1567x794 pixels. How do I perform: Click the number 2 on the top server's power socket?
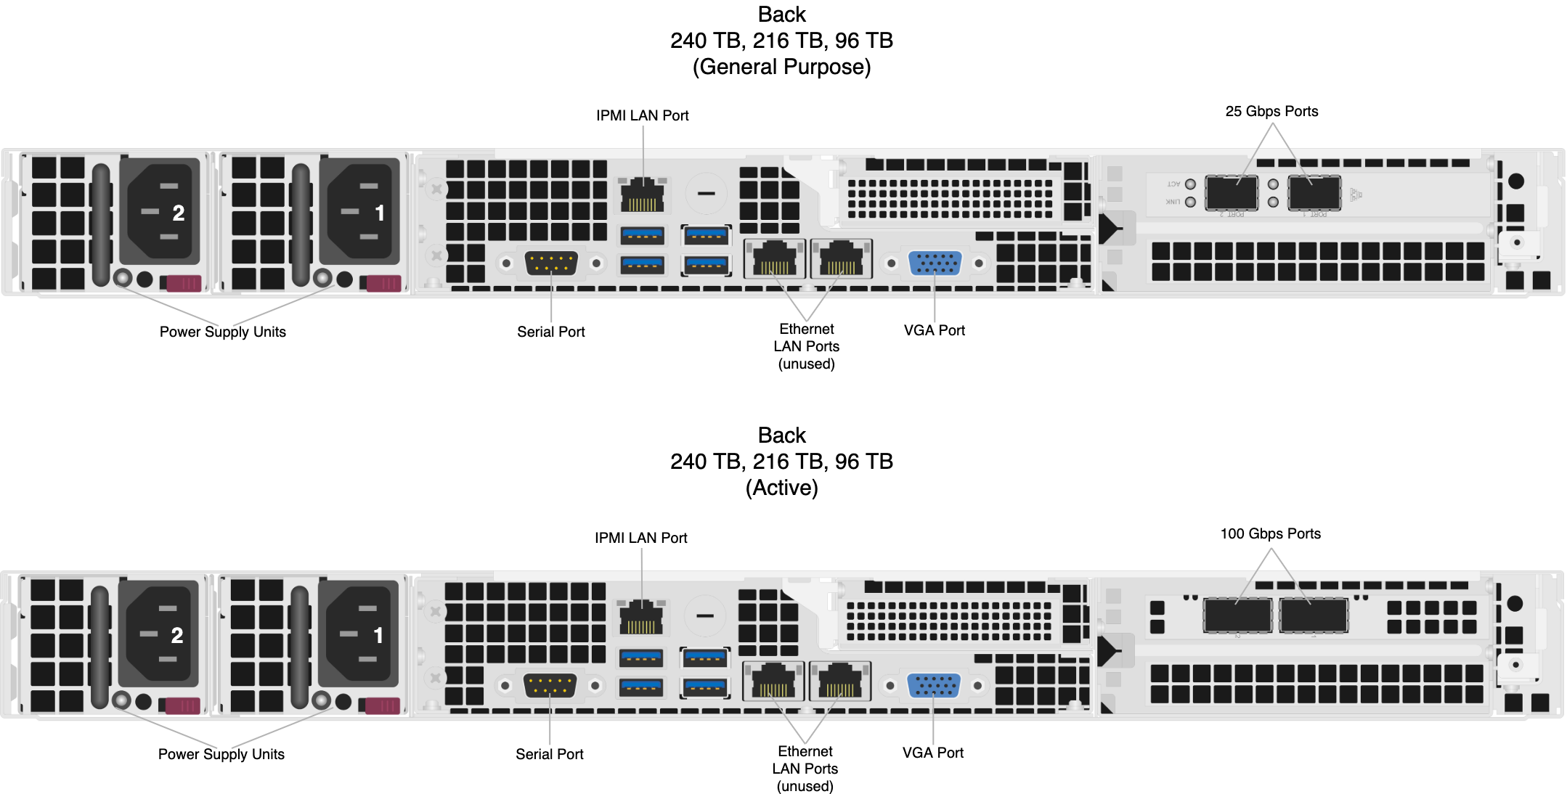click(x=178, y=213)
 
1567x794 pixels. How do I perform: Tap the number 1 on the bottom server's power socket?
click(x=378, y=635)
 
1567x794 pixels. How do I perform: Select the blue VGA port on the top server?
click(x=935, y=263)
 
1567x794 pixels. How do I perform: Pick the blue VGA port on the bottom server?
click(x=933, y=685)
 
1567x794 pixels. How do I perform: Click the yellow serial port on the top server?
click(x=551, y=263)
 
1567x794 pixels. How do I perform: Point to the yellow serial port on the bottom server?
click(x=550, y=685)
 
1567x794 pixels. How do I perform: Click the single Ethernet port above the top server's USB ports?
click(x=642, y=195)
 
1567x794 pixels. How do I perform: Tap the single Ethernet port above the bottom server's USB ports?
click(x=640, y=617)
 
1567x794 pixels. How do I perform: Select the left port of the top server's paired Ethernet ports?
click(x=774, y=258)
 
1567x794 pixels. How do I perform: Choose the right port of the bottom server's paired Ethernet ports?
click(x=839, y=681)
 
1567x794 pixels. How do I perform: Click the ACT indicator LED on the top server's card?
click(x=1190, y=184)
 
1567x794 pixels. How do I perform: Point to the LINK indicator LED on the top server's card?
click(x=1190, y=202)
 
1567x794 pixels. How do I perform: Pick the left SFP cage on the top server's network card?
click(x=1232, y=192)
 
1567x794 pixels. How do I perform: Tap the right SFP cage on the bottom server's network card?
click(x=1314, y=615)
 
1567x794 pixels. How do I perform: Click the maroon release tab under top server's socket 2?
click(x=184, y=283)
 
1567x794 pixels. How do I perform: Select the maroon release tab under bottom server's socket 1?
click(x=382, y=705)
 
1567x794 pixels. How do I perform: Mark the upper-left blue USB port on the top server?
click(x=642, y=235)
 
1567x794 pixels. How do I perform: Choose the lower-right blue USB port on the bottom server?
click(x=704, y=686)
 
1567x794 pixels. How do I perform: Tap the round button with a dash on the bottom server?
click(x=704, y=615)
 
